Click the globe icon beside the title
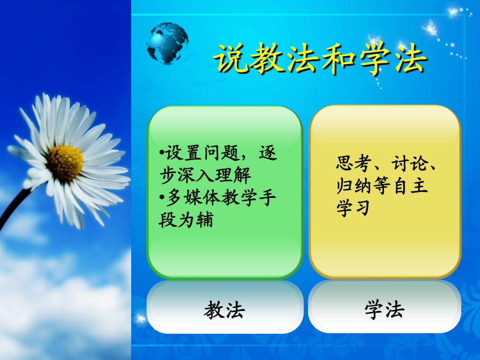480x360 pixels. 167,43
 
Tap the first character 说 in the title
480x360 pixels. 230,59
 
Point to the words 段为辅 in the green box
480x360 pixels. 186,220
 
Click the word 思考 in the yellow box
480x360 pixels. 354,163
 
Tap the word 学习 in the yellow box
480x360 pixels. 354,208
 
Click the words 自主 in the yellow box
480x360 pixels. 410,186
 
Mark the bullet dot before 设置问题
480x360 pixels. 162,152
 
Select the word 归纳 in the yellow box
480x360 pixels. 354,186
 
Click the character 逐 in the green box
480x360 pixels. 268,153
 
